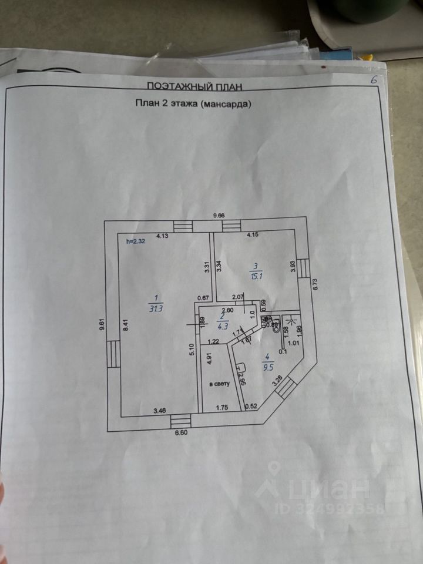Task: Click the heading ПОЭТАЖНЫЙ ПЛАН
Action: pos(194,86)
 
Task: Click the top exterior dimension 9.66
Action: pos(218,216)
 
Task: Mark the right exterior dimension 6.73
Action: pos(315,284)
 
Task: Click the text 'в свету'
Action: pos(220,384)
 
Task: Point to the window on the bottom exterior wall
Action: pos(181,421)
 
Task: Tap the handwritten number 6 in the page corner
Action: pos(374,80)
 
